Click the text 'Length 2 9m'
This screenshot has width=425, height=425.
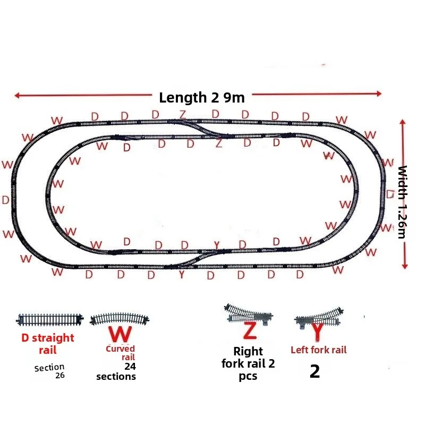(x=202, y=98)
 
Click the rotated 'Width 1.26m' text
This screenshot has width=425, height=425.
(x=403, y=202)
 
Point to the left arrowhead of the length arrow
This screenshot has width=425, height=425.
(x=17, y=95)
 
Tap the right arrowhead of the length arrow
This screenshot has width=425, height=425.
(x=379, y=94)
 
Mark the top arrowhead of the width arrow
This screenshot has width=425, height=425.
(x=403, y=122)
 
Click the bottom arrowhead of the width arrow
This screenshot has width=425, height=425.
(x=405, y=267)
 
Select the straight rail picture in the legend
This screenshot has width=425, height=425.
(x=49, y=320)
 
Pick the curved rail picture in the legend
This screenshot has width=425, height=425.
(x=120, y=318)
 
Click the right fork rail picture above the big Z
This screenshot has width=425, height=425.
(x=249, y=314)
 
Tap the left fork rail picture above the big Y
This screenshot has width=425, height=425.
(x=319, y=317)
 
